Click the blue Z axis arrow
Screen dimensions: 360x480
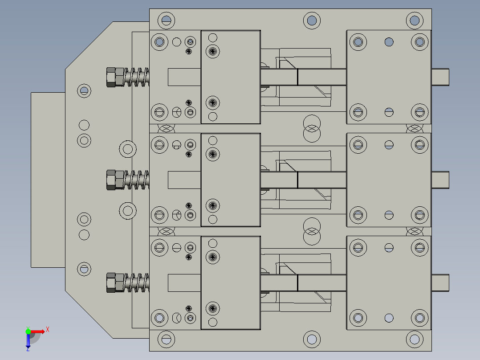28,341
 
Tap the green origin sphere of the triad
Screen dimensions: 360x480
28,331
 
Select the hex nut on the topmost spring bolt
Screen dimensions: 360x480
115,77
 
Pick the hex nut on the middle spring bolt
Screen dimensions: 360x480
115,180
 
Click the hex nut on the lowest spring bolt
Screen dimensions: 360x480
115,283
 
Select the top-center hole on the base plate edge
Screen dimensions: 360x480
312,20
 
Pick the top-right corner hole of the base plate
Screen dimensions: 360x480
414,20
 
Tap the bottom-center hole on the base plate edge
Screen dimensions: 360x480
312,340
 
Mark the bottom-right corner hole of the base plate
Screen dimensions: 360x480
414,340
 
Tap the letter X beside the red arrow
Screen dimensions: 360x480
48,329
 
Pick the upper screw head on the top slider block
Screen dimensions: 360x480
213,51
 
